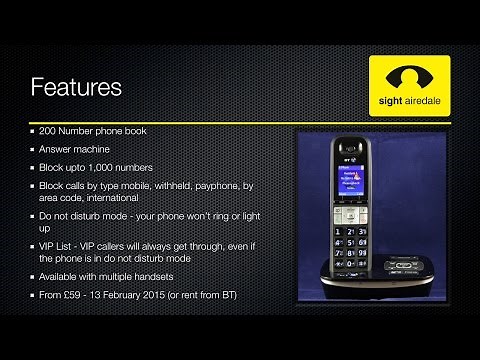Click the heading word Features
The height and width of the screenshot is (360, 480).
[76, 88]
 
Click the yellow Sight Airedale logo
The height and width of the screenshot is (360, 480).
[409, 87]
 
